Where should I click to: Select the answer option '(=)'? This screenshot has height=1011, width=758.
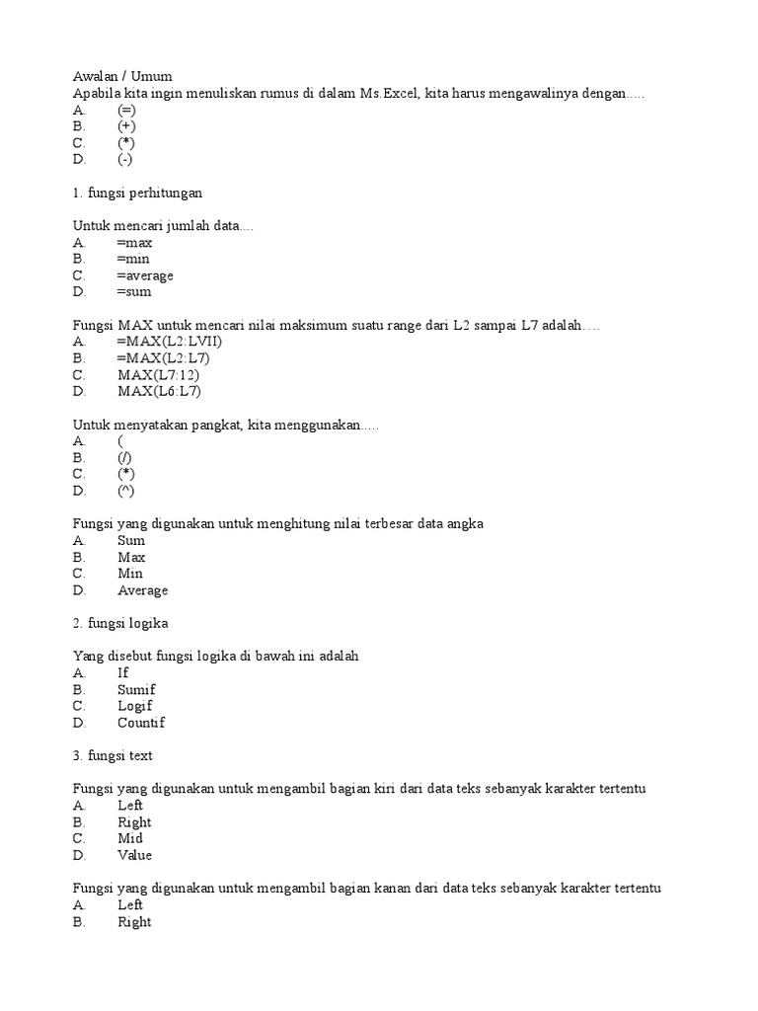[126, 110]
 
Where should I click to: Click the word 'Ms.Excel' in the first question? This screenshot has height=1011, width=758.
[386, 93]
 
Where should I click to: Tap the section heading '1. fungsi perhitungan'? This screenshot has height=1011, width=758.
[138, 193]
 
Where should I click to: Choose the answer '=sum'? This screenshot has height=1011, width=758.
[134, 292]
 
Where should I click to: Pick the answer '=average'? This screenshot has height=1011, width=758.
[145, 275]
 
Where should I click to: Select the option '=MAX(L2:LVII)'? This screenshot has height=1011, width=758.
[170, 342]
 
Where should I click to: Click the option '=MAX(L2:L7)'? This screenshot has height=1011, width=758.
[163, 358]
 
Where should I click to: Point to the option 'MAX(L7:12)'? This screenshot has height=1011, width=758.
[159, 375]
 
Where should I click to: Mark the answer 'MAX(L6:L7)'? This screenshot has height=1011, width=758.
[159, 392]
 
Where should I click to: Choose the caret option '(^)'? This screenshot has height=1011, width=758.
[126, 491]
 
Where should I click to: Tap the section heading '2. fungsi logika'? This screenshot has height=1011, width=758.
[121, 623]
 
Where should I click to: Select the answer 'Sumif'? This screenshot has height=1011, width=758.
[136, 690]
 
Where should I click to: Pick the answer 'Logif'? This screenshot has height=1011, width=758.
[135, 706]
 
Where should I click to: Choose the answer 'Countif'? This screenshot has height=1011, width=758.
[141, 723]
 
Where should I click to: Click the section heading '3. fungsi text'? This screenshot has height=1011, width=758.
[114, 756]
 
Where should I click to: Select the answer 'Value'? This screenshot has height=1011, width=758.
[135, 856]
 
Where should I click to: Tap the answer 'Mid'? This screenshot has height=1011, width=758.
[130, 839]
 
